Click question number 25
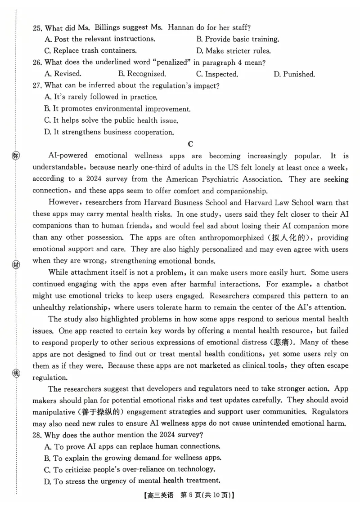pos(38,27)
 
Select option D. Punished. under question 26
pos(294,74)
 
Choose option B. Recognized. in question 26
pos(142,74)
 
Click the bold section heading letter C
pos(190,144)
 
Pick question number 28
pos(38,434)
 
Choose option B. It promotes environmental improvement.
pos(117,109)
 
